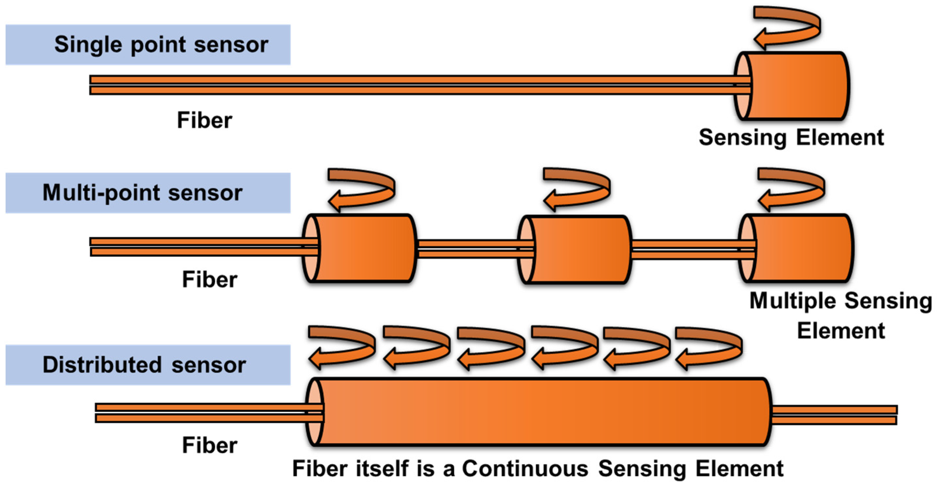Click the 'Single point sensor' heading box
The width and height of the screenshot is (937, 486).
coord(148,45)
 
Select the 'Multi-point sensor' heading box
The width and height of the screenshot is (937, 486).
coord(148,193)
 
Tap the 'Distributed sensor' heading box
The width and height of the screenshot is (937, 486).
coord(148,365)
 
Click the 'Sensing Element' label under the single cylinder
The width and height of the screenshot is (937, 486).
coord(791,138)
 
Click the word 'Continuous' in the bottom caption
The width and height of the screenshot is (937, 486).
coord(525,468)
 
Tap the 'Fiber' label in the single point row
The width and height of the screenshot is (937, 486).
coord(204,121)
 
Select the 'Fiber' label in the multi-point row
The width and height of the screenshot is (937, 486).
coord(210,280)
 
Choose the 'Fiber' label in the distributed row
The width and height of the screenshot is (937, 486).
coord(210,445)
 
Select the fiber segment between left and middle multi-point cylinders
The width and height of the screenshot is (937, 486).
coord(468,249)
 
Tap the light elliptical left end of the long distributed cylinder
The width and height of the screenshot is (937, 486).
coord(314,412)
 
